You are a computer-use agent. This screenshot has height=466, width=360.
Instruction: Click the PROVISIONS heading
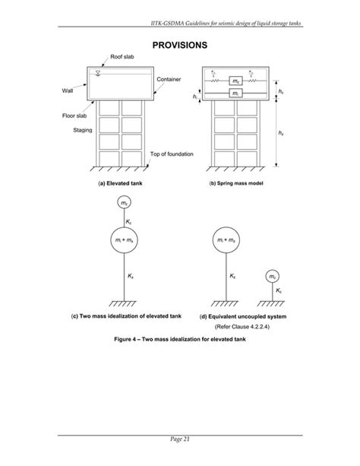coord(180,46)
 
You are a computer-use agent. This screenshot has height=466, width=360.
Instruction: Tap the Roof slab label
coord(122,58)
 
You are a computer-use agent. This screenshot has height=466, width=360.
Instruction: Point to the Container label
coord(168,79)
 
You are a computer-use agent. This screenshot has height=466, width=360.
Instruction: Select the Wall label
coord(68,90)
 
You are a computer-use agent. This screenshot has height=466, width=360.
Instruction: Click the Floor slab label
coord(75,116)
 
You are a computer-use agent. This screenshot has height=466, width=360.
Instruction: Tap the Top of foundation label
coord(172,154)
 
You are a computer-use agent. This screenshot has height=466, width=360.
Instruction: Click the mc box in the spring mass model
coord(237,80)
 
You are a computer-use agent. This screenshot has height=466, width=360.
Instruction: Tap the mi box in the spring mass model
coord(237,94)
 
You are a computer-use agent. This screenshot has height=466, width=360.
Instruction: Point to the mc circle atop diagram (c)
coord(123,203)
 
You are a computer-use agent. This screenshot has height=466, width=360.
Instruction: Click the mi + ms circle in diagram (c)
coord(123,241)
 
